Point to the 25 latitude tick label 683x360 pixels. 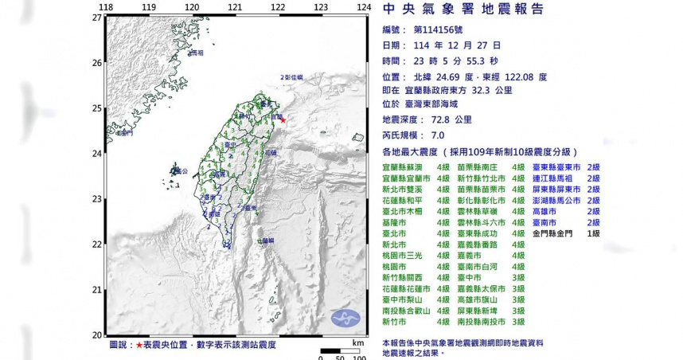pyautogui.click(x=96, y=108)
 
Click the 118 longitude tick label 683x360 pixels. pyautogui.click(x=105, y=7)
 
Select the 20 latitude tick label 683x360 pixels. pyautogui.click(x=96, y=335)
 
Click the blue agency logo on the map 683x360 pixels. pyautogui.click(x=347, y=318)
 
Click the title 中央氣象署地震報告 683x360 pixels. pyautogui.click(x=463, y=10)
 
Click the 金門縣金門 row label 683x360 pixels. pyautogui.click(x=555, y=233)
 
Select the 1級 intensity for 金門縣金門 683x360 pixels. pyautogui.click(x=593, y=233)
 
